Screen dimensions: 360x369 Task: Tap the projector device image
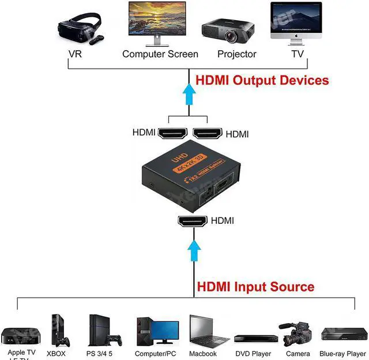[228, 31]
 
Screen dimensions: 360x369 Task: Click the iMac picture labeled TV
[295, 23]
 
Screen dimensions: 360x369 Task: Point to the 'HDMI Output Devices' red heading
[262, 80]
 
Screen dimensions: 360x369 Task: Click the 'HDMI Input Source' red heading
[255, 287]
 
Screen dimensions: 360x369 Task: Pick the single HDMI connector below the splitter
[193, 221]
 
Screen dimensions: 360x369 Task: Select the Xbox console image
[59, 331]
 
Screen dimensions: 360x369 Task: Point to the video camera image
[297, 333]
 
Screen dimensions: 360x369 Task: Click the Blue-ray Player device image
[343, 335]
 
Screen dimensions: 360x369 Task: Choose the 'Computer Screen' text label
[160, 54]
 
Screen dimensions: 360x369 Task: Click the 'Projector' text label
[236, 54]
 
